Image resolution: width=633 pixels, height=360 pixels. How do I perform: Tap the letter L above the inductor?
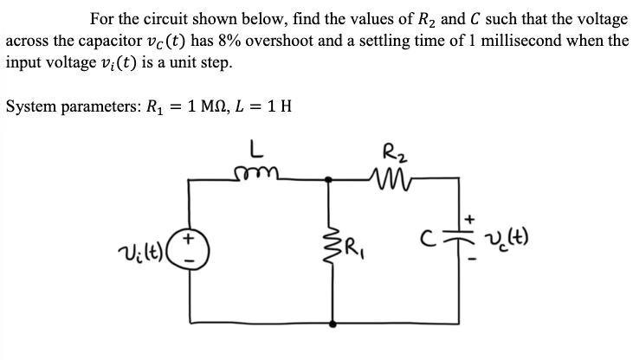[x=257, y=150]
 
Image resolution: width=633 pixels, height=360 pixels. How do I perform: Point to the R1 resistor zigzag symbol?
[x=332, y=251]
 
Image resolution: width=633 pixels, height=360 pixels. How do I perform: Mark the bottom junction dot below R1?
[x=332, y=323]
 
